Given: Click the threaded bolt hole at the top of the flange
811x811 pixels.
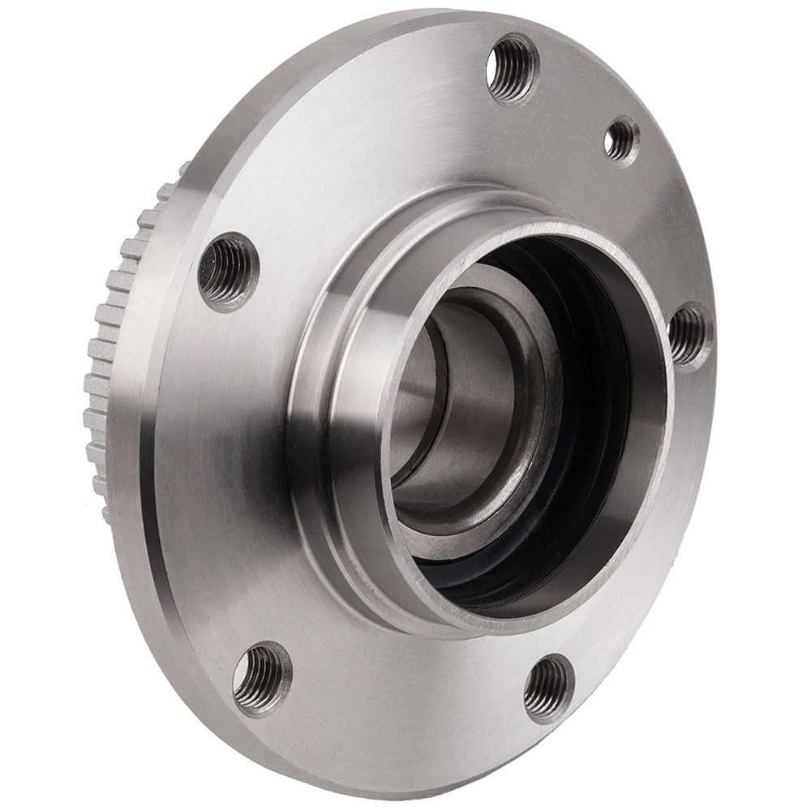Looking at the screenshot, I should click(513, 68).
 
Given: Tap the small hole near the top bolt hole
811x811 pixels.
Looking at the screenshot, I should click(621, 139).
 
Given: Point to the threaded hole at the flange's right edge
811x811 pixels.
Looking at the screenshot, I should click(689, 334).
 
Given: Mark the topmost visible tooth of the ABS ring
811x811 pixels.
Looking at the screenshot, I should click(183, 170).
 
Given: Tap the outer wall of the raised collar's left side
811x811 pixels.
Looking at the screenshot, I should click(324, 389).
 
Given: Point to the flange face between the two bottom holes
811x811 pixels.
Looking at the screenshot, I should click(405, 697).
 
